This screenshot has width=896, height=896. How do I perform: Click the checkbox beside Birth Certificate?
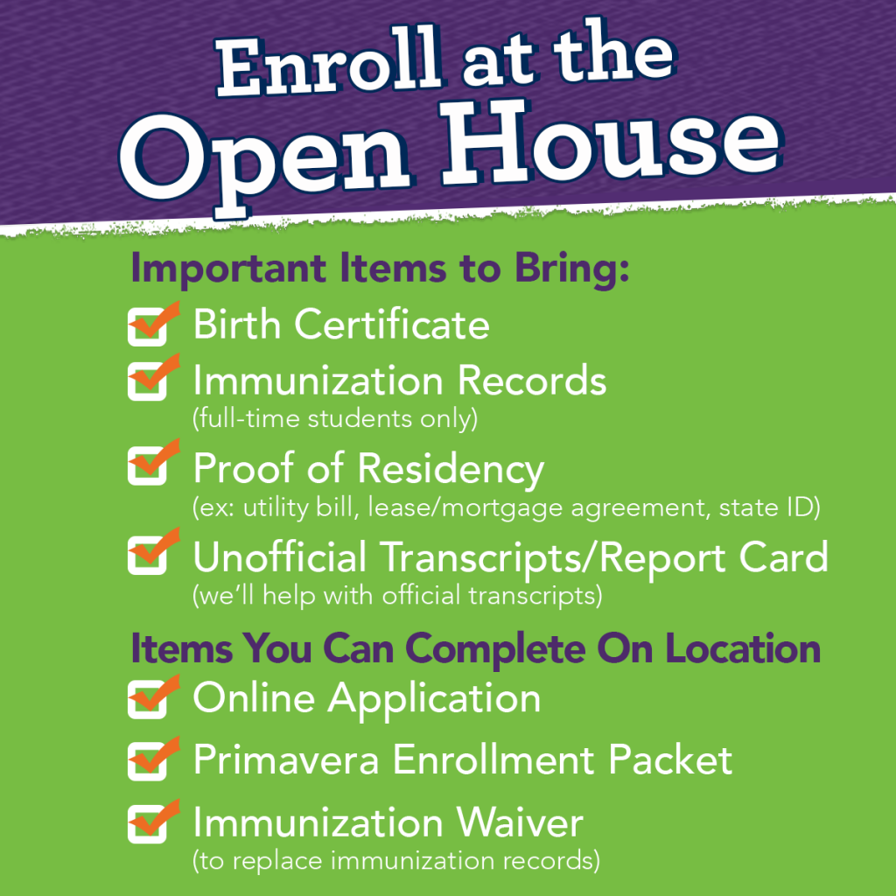(147, 327)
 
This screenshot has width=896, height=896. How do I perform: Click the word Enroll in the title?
(330, 65)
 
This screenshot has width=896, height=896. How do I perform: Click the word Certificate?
(392, 324)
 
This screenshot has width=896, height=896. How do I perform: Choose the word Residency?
(451, 470)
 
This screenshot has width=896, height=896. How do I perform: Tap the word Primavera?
(286, 760)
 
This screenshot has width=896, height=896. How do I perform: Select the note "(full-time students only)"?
(335, 419)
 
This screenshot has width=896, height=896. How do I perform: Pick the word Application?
(434, 700)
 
